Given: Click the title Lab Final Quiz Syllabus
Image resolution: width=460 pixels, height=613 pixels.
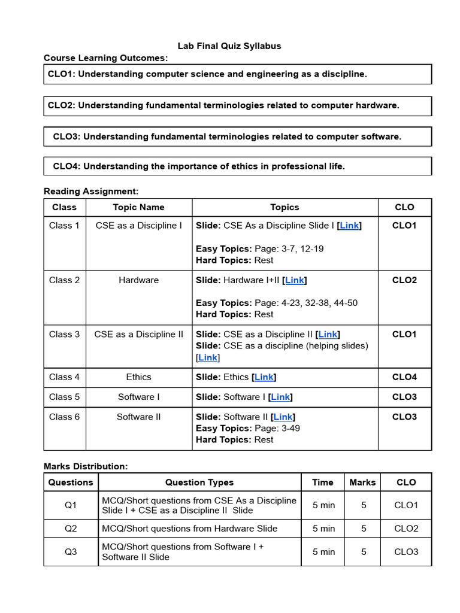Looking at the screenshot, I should [229, 45].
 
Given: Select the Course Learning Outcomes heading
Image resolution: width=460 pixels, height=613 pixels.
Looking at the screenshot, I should [106, 58].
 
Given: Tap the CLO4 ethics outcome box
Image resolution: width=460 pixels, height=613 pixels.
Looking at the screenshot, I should [238, 166].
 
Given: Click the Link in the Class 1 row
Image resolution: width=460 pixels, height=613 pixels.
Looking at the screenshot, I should [349, 226].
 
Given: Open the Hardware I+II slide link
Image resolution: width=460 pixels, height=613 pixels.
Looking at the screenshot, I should [295, 280].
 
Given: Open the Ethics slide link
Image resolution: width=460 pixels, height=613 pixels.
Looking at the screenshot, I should [264, 377].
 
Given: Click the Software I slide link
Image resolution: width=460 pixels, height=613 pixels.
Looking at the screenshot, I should [280, 397].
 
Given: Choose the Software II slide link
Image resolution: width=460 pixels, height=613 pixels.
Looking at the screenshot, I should [283, 417].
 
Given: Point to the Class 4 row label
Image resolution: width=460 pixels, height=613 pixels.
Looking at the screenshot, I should [64, 377].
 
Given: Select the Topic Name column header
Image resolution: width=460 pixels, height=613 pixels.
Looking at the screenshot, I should [138, 207].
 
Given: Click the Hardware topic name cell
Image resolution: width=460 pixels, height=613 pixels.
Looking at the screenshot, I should [138, 280].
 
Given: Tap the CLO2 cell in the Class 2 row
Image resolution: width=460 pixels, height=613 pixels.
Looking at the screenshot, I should [404, 280].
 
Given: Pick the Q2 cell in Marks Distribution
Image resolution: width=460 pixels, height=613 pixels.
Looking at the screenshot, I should [71, 529].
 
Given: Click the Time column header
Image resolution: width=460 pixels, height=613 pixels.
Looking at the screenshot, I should [323, 482].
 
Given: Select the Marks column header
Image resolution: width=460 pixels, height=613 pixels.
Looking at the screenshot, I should [362, 482].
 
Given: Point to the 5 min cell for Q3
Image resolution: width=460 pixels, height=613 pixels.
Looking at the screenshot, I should [323, 552].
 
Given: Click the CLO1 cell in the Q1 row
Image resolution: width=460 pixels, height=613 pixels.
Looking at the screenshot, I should [405, 505].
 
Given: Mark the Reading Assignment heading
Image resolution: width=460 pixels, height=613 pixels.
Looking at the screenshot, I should [91, 192].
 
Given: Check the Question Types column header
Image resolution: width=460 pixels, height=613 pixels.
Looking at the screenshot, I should [199, 482].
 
